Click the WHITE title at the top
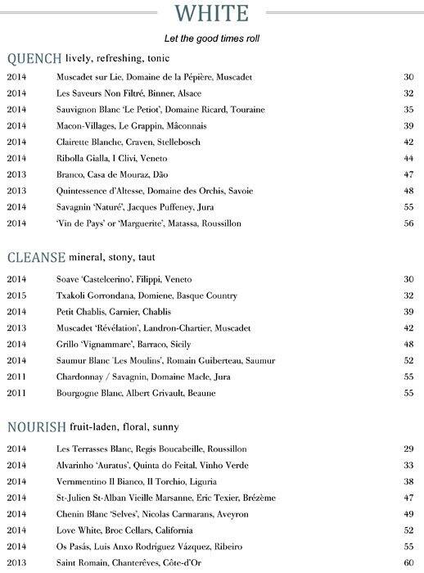(212, 14)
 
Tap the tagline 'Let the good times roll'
(212, 38)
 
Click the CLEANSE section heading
(37, 258)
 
